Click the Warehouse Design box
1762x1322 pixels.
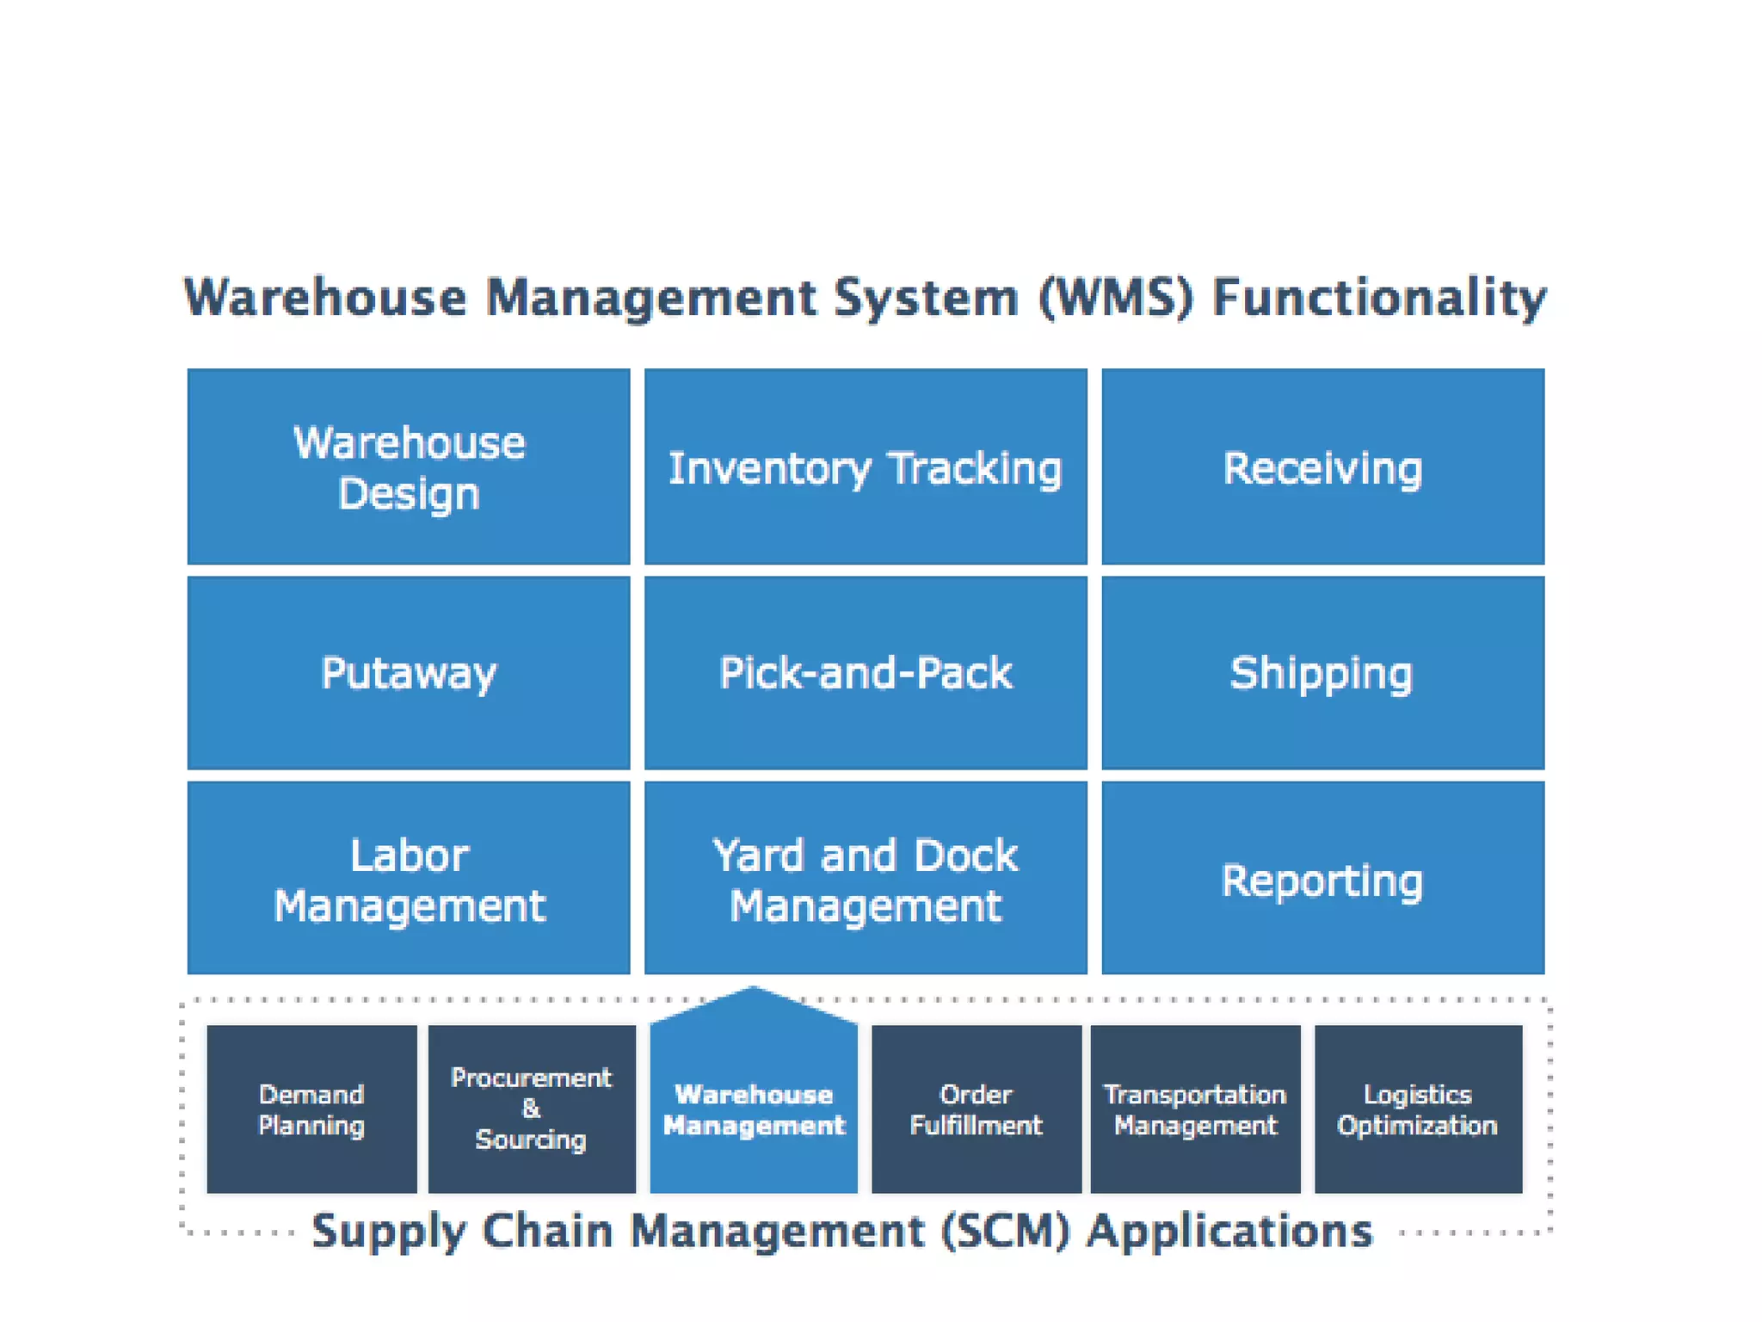[409, 466]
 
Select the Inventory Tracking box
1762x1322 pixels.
[866, 466]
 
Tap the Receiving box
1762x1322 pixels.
[1322, 466]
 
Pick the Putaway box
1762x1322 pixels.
[409, 672]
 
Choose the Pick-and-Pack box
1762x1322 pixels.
[866, 672]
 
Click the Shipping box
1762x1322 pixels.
[1322, 672]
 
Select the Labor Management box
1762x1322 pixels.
[409, 878]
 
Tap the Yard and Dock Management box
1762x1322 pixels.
[866, 878]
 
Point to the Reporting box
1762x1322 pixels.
[1322, 878]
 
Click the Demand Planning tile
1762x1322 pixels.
[311, 1109]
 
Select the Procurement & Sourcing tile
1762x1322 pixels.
[532, 1109]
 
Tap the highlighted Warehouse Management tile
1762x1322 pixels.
[754, 1109]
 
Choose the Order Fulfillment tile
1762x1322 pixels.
[976, 1109]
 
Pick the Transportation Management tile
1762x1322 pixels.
[1195, 1109]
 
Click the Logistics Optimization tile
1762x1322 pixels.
[1418, 1109]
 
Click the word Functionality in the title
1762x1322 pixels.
[1379, 298]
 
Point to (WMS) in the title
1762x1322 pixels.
[1116, 298]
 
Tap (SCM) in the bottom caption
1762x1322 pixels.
[1005, 1231]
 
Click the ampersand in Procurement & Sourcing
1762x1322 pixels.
[531, 1109]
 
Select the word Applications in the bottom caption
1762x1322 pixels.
[1229, 1231]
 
